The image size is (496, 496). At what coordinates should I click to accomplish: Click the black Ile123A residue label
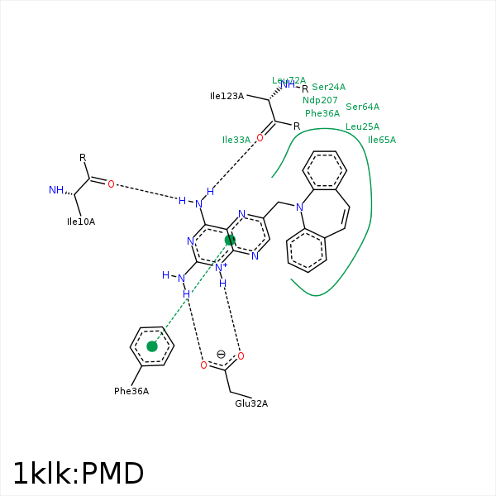227,97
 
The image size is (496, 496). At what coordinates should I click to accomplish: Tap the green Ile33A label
236,141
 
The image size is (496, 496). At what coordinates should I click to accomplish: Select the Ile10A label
81,222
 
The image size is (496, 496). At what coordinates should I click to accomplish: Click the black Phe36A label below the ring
131,391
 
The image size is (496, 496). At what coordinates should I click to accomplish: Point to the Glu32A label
251,403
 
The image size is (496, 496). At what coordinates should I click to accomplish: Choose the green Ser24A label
328,87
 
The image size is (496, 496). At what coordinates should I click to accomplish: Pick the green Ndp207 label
320,100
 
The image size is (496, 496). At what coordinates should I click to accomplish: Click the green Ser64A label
362,107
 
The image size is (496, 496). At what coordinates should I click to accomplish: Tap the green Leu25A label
362,126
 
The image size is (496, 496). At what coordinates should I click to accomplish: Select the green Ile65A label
382,140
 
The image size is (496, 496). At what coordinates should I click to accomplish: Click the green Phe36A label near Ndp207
322,113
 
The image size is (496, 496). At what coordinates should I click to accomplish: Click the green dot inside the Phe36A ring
152,346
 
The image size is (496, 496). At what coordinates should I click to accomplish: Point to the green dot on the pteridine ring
230,240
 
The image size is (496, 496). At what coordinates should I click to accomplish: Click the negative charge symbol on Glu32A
221,354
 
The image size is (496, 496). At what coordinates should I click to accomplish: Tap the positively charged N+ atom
220,266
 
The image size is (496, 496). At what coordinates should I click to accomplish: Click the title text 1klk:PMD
79,473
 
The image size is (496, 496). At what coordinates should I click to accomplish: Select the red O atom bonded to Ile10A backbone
111,184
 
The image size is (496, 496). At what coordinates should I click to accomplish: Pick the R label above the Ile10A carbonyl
83,157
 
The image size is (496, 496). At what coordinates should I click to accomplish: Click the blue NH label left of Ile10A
55,190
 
